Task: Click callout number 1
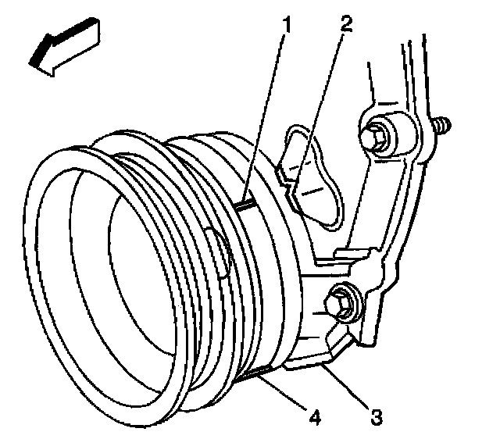click(x=287, y=25)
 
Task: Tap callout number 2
click(x=345, y=23)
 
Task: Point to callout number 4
click(x=315, y=416)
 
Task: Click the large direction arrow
click(x=65, y=47)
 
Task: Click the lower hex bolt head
click(x=339, y=304)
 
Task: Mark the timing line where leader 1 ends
click(x=248, y=205)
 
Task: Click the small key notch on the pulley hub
click(x=220, y=252)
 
